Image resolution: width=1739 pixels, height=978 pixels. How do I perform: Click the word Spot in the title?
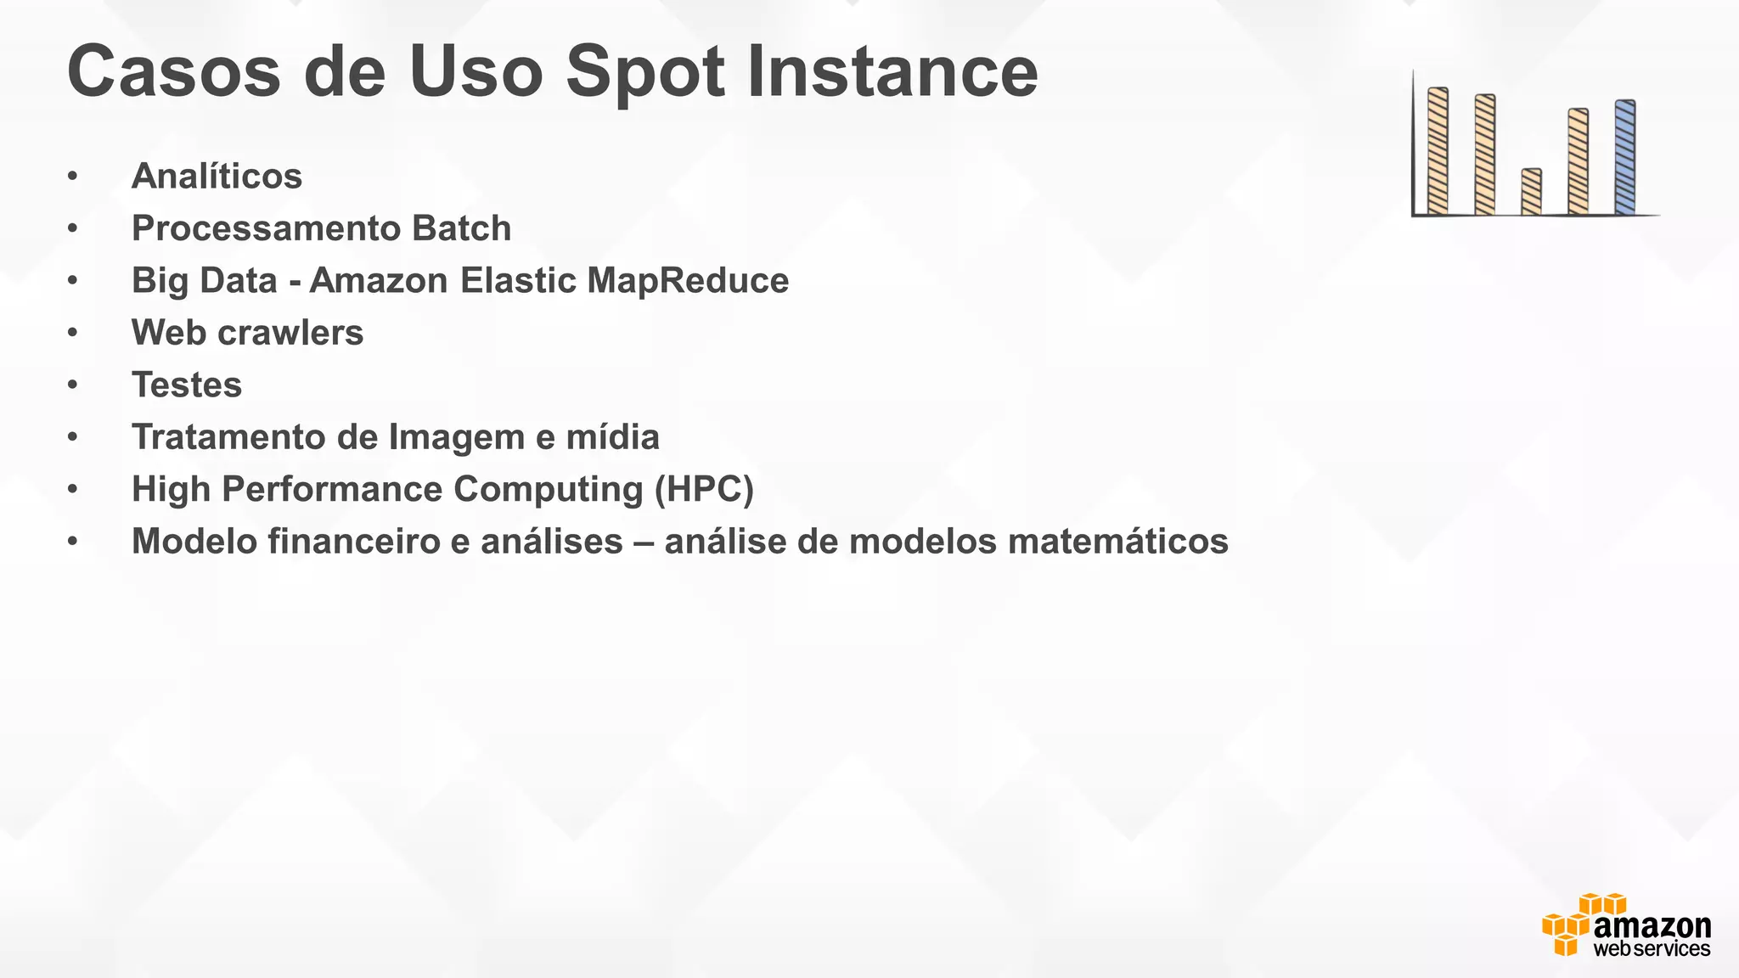tap(644, 72)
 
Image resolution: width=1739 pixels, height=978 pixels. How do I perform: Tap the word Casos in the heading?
tap(173, 72)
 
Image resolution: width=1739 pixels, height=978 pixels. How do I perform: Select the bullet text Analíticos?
tap(217, 177)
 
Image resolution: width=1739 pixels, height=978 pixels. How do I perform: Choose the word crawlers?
tap(290, 333)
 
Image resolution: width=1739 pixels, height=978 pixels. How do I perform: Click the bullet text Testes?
tap(187, 385)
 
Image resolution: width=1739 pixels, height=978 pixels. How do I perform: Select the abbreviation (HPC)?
tap(704, 490)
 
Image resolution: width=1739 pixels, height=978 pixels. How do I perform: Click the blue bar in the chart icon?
tap(1624, 157)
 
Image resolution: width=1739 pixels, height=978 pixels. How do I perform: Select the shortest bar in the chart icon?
tap(1531, 192)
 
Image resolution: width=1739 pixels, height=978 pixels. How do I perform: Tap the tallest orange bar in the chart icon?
tap(1438, 151)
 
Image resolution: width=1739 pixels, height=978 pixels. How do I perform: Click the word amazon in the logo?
tap(1652, 926)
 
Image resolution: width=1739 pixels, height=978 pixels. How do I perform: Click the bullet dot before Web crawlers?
tap(73, 333)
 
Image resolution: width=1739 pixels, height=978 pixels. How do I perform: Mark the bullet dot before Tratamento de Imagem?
tap(73, 437)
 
